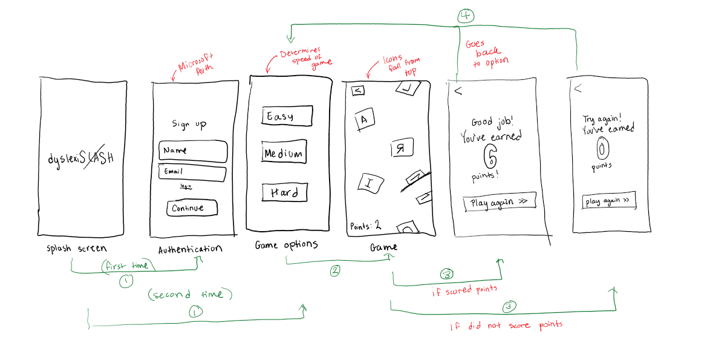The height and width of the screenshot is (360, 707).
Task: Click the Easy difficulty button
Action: click(x=287, y=116)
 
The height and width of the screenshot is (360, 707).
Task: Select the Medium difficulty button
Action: click(x=283, y=153)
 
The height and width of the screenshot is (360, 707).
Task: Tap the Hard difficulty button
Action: click(x=285, y=192)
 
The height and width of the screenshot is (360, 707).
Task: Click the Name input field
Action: click(x=192, y=151)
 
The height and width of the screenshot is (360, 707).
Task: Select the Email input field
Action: click(x=192, y=173)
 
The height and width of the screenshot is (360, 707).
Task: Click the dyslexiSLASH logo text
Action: click(x=81, y=159)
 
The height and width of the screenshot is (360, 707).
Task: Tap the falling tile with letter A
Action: click(x=363, y=119)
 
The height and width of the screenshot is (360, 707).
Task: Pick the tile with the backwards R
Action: click(x=399, y=149)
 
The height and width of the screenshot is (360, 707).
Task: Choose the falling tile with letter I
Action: click(x=369, y=182)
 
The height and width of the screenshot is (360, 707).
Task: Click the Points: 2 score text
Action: click(x=365, y=226)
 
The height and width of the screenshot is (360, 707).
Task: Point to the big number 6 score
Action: click(x=490, y=157)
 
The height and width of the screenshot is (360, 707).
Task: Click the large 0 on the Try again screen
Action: click(x=603, y=148)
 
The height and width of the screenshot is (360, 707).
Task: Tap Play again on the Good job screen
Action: click(x=499, y=202)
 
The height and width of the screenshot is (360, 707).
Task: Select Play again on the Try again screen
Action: click(x=608, y=201)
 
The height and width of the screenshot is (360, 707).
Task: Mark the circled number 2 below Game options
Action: click(x=334, y=270)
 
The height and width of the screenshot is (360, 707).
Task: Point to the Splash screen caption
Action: click(x=76, y=249)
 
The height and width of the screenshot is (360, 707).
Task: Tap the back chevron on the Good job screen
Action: click(x=458, y=91)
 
